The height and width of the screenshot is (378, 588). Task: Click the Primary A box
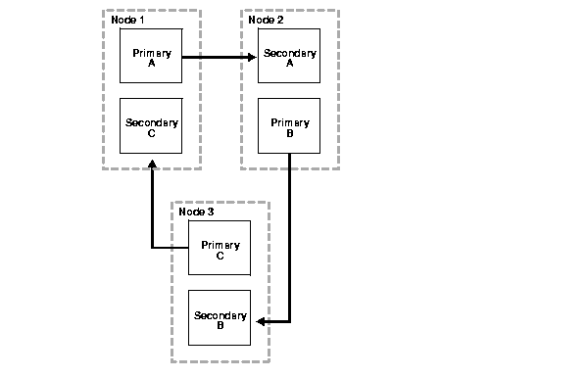(151, 56)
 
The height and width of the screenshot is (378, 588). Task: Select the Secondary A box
(289, 56)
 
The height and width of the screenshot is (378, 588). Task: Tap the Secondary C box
(151, 126)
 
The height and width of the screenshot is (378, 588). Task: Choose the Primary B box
(289, 126)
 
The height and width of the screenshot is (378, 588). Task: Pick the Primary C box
(220, 248)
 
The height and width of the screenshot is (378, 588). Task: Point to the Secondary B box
(220, 319)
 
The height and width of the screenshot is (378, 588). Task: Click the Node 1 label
(127, 20)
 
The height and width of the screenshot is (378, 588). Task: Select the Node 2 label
(266, 20)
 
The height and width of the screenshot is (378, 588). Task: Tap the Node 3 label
(196, 212)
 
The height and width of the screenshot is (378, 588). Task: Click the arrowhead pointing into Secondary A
(252, 57)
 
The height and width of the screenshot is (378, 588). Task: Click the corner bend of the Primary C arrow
(152, 248)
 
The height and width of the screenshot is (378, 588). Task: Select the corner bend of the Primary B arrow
(290, 320)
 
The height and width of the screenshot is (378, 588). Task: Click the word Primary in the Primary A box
(152, 52)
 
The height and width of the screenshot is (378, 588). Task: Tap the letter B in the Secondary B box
(220, 326)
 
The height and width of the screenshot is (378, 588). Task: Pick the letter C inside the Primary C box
(220, 255)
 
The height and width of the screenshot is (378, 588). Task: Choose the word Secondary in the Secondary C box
(152, 122)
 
